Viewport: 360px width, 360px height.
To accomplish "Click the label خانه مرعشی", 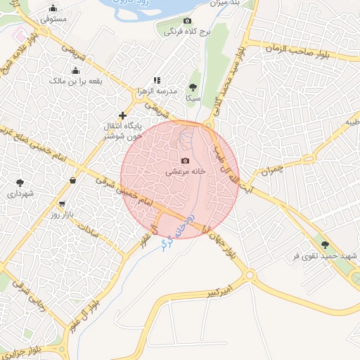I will click(185, 171).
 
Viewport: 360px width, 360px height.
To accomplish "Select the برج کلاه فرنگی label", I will click(184, 32).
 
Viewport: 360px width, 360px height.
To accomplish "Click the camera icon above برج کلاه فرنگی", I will click(186, 21).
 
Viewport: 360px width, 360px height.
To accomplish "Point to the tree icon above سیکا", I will click(193, 87).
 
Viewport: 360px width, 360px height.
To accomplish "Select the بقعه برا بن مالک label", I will click(76, 82).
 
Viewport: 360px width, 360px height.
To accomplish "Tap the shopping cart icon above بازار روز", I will click(63, 204).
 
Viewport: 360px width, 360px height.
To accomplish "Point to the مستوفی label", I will click(53, 19).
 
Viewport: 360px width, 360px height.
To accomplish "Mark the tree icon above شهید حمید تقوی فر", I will click(324, 245).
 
